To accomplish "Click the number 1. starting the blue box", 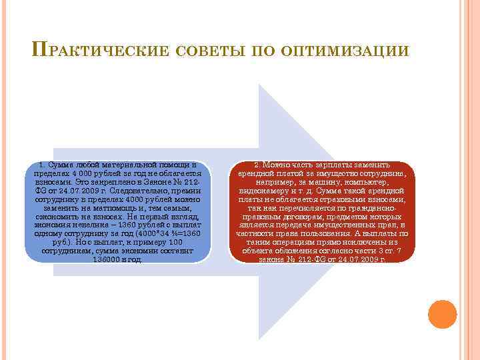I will (x=42, y=164).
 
